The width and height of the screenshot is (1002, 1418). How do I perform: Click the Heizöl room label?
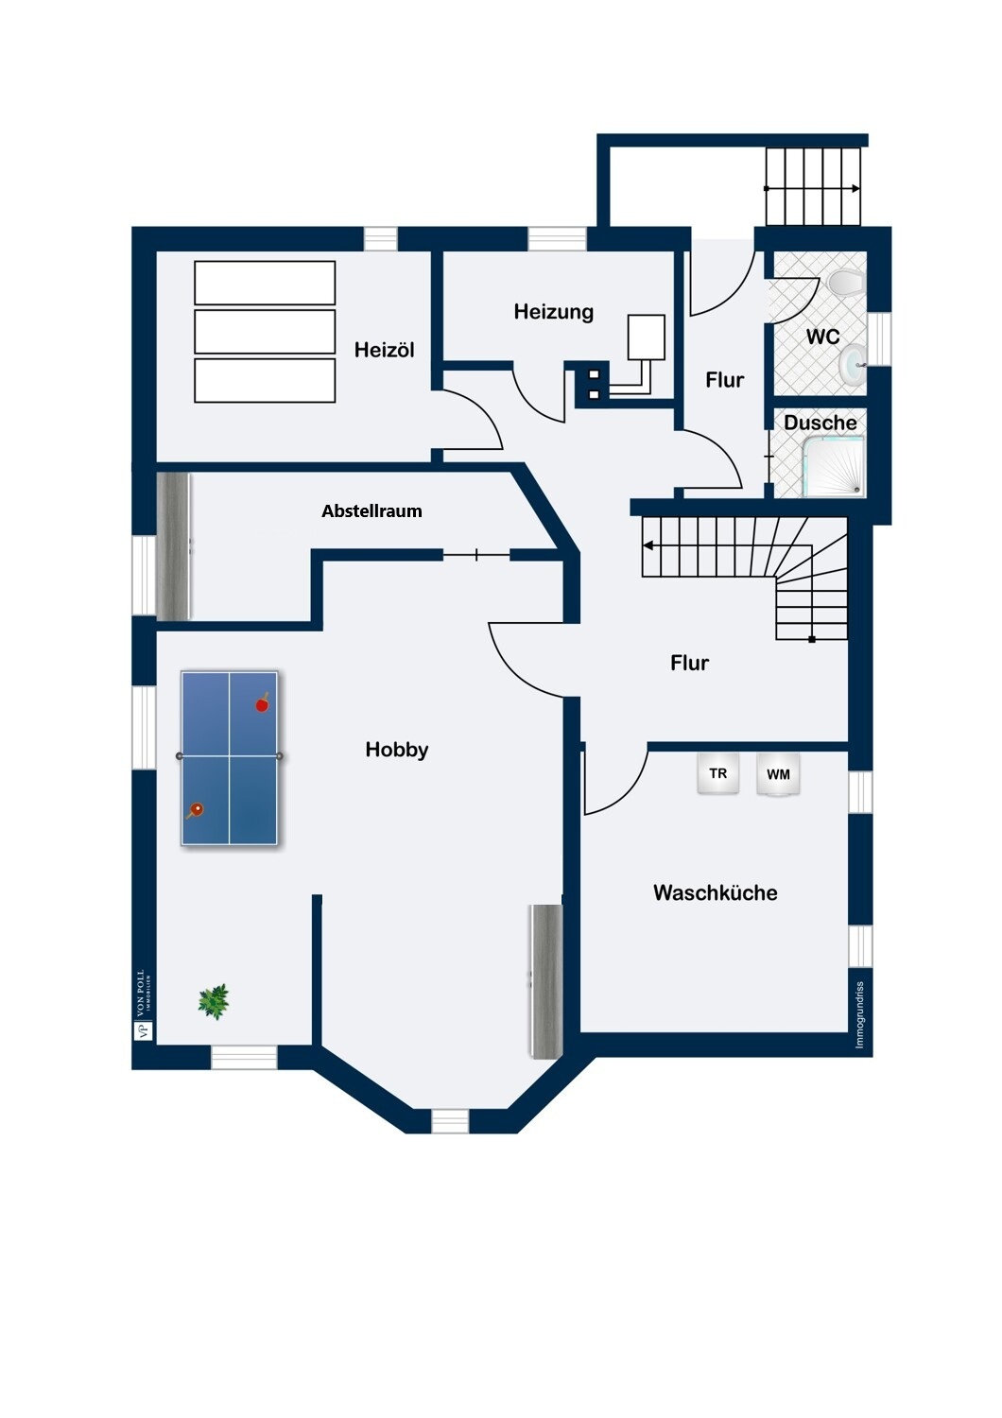[384, 350]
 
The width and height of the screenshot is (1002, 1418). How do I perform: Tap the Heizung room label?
[553, 312]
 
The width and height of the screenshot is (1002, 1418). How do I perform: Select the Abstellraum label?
[371, 511]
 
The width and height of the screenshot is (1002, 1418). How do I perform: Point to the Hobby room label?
[397, 750]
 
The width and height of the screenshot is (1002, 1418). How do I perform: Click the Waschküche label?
[715, 893]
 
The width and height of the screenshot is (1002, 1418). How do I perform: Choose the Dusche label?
[820, 423]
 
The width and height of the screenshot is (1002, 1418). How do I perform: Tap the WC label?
[822, 337]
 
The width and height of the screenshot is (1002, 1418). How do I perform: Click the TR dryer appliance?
[718, 774]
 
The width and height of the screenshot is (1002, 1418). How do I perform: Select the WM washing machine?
[778, 775]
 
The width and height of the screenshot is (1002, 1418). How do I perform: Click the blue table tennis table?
[230, 757]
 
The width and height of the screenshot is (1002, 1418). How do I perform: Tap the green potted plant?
[214, 1001]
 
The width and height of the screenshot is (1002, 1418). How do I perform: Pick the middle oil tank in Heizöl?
[265, 332]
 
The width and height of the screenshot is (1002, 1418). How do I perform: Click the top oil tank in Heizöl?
[265, 283]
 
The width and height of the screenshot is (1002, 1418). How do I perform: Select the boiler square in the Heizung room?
[647, 337]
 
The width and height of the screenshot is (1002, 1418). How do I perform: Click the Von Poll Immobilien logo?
[143, 1005]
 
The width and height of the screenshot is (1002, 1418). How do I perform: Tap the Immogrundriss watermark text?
[859, 1014]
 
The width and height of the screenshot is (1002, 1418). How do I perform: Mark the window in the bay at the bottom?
[450, 1121]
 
